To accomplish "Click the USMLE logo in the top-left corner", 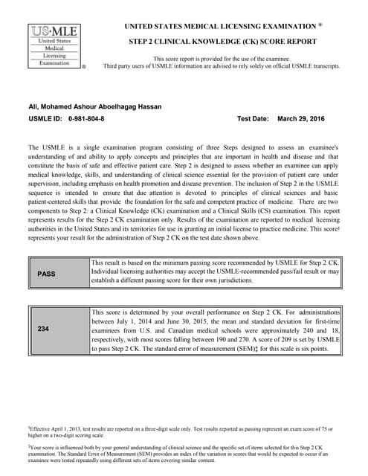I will pyautogui.click(x=55, y=46).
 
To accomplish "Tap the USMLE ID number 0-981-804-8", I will pyautogui.click(x=86, y=119).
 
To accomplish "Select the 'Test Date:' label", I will pyautogui.click(x=253, y=119).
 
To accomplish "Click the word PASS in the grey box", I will pyautogui.click(x=46, y=274).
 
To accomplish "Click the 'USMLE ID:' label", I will pyautogui.click(x=45, y=119).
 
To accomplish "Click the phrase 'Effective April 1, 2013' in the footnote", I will pyautogui.click(x=61, y=429).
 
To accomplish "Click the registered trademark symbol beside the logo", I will pyautogui.click(x=83, y=67).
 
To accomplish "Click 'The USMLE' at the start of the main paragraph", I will pyautogui.click(x=44, y=148).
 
